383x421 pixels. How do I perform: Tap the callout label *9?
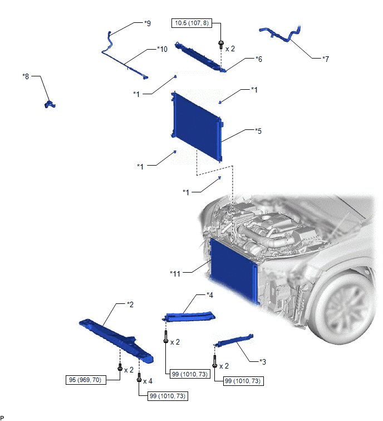(148, 23)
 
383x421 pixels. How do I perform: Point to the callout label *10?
(162, 49)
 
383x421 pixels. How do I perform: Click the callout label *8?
(26, 76)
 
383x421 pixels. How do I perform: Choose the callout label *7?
(326, 59)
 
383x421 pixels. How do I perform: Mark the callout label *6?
(259, 59)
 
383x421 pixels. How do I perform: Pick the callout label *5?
(258, 131)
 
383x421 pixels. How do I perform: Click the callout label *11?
(175, 274)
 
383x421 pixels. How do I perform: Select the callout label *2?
(130, 304)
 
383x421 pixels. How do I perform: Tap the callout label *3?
(263, 362)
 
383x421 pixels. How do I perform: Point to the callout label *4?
(209, 295)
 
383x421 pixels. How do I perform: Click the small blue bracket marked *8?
(50, 104)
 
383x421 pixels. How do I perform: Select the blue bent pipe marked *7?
(281, 35)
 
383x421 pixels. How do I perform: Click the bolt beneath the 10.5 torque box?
(221, 44)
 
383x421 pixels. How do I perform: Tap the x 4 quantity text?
(148, 381)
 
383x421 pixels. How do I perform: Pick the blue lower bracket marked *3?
(233, 341)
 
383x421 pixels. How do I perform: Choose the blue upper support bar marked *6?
(200, 57)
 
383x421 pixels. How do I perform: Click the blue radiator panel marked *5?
(197, 126)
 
